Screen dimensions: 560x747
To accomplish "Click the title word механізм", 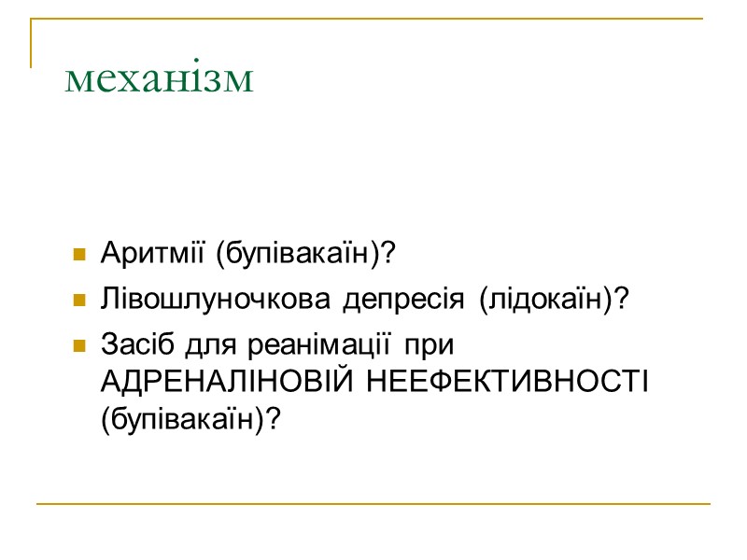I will pos(160,79).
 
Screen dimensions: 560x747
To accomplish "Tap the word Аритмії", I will pos(135,254).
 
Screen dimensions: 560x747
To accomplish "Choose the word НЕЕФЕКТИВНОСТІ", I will pos(508,383).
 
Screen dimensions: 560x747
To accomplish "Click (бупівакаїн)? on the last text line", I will pos(190,419).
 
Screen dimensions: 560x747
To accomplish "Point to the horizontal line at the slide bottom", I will pos(373,505).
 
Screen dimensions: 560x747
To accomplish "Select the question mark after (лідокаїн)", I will pos(624,301).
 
